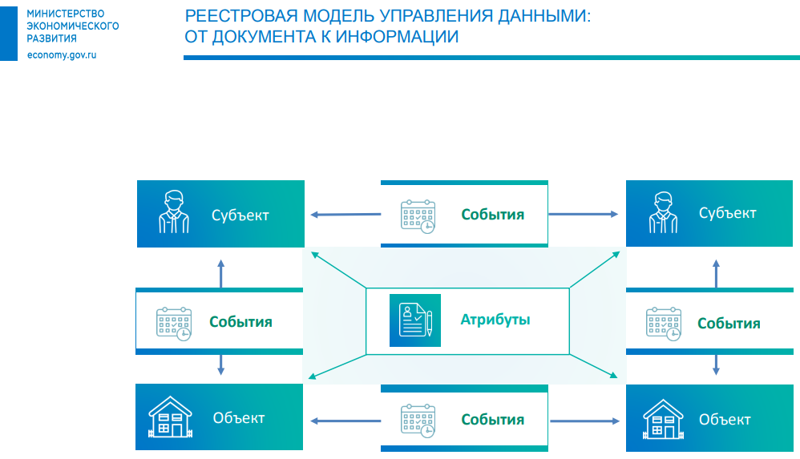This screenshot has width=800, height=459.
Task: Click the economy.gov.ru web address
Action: (61, 54)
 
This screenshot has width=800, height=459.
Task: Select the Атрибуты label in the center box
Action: (495, 320)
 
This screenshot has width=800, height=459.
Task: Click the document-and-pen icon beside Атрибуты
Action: (415, 320)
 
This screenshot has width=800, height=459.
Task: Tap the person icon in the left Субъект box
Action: (173, 212)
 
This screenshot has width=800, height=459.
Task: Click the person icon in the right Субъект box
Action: (661, 212)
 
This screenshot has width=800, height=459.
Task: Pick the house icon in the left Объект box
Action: (172, 418)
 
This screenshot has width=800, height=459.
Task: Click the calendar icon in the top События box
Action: (418, 215)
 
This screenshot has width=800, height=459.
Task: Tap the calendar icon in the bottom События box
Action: (418, 421)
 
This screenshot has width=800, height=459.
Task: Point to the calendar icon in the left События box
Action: (173, 323)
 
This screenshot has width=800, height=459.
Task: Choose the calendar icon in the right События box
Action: (664, 323)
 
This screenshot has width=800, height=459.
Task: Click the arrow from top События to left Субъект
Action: (345, 214)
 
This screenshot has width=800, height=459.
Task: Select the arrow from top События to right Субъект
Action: (583, 214)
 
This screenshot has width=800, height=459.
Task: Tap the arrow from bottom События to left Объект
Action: (345, 420)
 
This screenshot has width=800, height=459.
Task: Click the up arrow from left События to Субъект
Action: (221, 272)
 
